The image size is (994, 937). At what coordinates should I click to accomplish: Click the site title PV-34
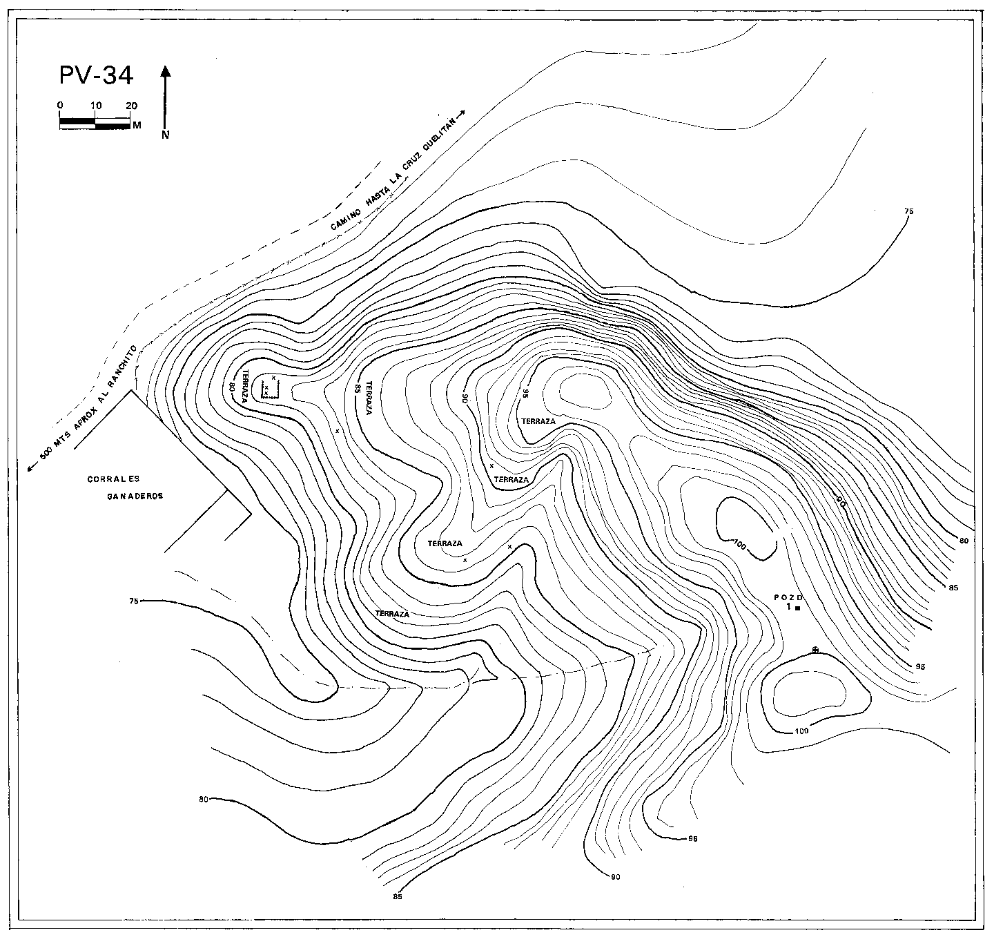click(x=96, y=75)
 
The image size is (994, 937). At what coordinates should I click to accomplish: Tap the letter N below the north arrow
click(x=166, y=135)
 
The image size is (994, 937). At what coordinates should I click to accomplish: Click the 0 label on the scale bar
click(x=61, y=106)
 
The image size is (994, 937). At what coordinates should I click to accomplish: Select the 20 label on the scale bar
click(x=131, y=106)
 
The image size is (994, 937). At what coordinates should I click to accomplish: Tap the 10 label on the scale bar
click(x=96, y=106)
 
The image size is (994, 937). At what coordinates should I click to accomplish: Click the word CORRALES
click(x=114, y=479)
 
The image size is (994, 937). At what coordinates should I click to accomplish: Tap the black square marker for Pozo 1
click(x=797, y=608)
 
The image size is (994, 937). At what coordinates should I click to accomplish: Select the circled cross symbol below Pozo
click(x=815, y=650)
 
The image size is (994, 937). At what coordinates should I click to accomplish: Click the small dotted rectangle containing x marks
click(x=270, y=389)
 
